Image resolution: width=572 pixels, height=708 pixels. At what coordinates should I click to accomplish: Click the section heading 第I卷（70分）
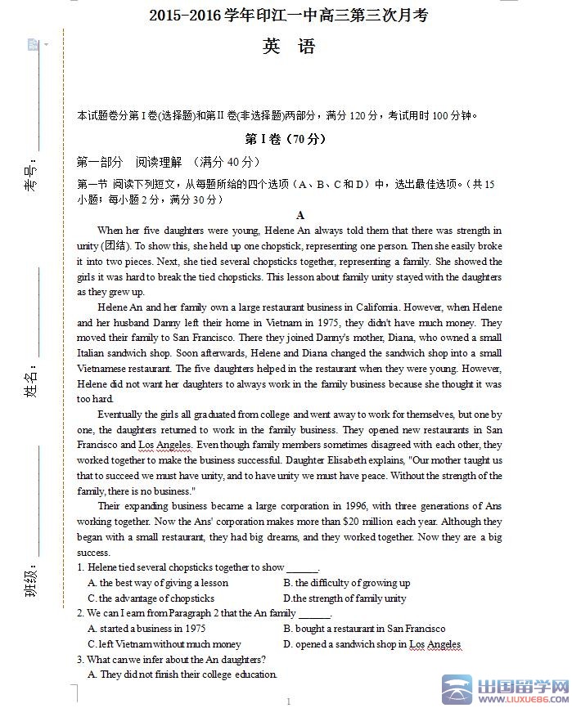click(286, 139)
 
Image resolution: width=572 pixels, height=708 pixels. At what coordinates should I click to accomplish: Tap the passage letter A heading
click(300, 215)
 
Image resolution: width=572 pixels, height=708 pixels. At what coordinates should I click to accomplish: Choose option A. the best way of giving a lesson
click(158, 583)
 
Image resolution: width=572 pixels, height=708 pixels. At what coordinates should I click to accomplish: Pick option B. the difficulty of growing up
click(347, 583)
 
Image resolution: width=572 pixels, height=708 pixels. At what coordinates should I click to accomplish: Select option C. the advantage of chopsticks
click(151, 598)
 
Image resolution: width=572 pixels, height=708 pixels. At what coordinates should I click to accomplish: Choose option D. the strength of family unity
click(345, 598)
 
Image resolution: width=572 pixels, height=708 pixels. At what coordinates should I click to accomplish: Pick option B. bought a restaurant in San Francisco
click(364, 629)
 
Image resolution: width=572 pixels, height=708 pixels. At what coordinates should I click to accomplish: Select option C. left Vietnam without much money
click(164, 644)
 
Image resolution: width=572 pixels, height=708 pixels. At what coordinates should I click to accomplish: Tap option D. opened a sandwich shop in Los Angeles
click(372, 644)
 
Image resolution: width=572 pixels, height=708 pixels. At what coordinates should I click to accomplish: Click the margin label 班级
click(31, 582)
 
